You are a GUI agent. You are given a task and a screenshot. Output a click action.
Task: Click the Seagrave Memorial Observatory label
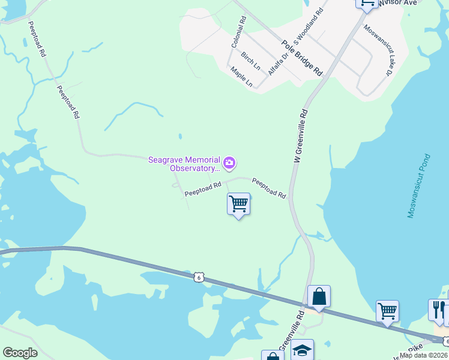pos(184,163)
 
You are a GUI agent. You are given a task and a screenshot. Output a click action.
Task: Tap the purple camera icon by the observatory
pos(229,163)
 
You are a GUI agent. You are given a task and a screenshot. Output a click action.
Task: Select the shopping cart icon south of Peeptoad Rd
pos(238,205)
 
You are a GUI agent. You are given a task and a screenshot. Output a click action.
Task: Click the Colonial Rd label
pos(239,32)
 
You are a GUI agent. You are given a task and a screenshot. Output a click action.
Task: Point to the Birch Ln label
pos(250,61)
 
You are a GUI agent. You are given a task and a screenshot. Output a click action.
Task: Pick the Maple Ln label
pos(241,77)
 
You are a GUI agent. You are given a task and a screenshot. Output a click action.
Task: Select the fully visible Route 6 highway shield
pos(199,277)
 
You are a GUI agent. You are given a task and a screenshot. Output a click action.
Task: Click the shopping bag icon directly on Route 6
pos(319,296)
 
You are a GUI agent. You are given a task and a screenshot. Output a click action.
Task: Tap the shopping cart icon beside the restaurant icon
pos(387,311)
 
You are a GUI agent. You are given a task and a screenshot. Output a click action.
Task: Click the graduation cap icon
pos(302,350)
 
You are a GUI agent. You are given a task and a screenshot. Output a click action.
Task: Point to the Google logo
pos(20,352)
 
